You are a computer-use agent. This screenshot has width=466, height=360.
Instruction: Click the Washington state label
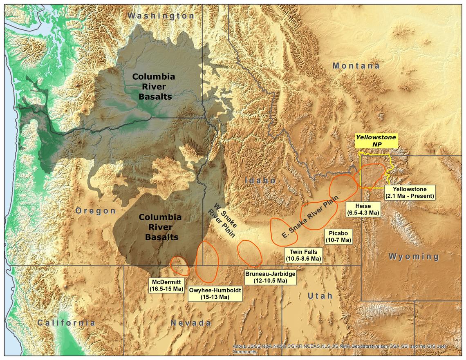[x=161, y=16]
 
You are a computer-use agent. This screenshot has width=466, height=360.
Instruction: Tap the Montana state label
[x=356, y=66]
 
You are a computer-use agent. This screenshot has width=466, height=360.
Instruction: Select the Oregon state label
[x=96, y=210]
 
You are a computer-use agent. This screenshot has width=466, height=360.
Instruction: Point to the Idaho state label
[x=260, y=180]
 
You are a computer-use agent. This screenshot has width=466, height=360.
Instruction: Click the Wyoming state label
[x=413, y=257]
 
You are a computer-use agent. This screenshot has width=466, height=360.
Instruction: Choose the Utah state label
[x=319, y=295]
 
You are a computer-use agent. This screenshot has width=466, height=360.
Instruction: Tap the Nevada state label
[x=190, y=323]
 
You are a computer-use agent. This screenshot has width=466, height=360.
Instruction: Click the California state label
[x=66, y=323]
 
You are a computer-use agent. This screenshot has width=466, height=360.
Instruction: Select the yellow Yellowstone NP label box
[x=375, y=141]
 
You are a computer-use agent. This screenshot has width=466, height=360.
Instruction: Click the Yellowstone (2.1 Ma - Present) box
[x=409, y=192]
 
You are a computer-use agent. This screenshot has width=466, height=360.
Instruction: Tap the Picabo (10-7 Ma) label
[x=338, y=236]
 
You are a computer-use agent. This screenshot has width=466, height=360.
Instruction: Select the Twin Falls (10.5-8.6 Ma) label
[x=303, y=255]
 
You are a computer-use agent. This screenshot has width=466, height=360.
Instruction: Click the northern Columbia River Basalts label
[x=153, y=87]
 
